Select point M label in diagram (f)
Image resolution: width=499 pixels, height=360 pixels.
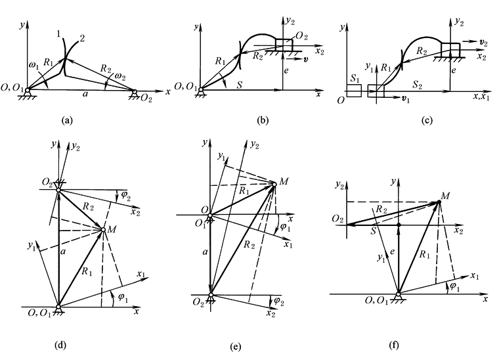(446, 196)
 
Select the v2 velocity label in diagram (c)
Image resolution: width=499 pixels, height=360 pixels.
(484, 42)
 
